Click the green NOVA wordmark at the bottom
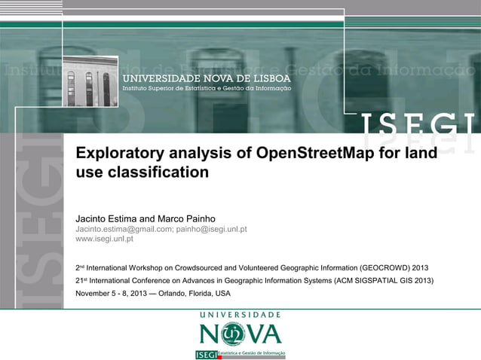tap(240, 334)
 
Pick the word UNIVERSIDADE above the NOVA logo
tap(240, 314)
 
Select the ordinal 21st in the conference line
tap(79, 280)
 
